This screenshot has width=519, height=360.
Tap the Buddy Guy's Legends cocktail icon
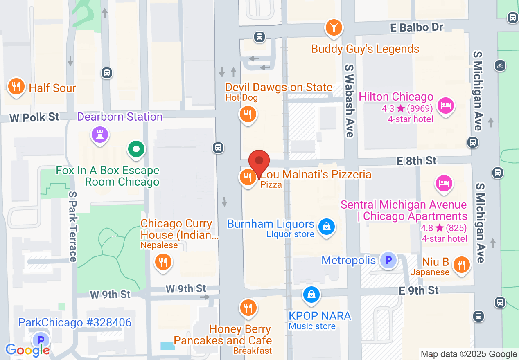(334, 28)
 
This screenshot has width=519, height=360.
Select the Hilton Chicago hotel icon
(445, 106)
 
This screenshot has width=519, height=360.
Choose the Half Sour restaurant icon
(16, 87)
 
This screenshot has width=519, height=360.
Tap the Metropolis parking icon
(388, 260)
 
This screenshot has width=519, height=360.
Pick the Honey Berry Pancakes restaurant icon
(248, 307)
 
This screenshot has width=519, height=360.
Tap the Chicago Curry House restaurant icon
(163, 261)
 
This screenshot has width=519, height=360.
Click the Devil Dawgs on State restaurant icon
(247, 114)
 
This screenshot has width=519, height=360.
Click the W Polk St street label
(35, 117)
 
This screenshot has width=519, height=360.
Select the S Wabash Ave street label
(349, 100)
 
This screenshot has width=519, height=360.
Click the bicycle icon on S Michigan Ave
(500, 65)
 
